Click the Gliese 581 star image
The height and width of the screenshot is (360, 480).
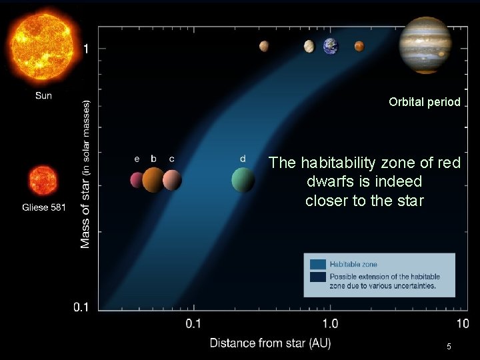point(43,181)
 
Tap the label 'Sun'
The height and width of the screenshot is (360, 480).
point(43,96)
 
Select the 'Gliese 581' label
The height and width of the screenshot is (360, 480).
point(44,207)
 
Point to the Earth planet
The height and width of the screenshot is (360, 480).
point(331,46)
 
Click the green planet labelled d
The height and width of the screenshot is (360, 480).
point(243,179)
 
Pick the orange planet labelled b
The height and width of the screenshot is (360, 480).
point(153,179)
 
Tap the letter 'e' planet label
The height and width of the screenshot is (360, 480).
point(137,159)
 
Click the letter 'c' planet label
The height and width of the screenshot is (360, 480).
point(172,159)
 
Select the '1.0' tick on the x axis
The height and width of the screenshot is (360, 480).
point(330,324)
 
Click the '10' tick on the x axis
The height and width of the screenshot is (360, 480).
point(462,324)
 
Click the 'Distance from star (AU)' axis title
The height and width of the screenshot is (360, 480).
point(270,343)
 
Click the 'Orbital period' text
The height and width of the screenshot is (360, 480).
point(425,103)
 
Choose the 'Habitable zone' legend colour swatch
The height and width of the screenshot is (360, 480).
point(318,264)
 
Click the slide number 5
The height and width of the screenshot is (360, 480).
point(449,347)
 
